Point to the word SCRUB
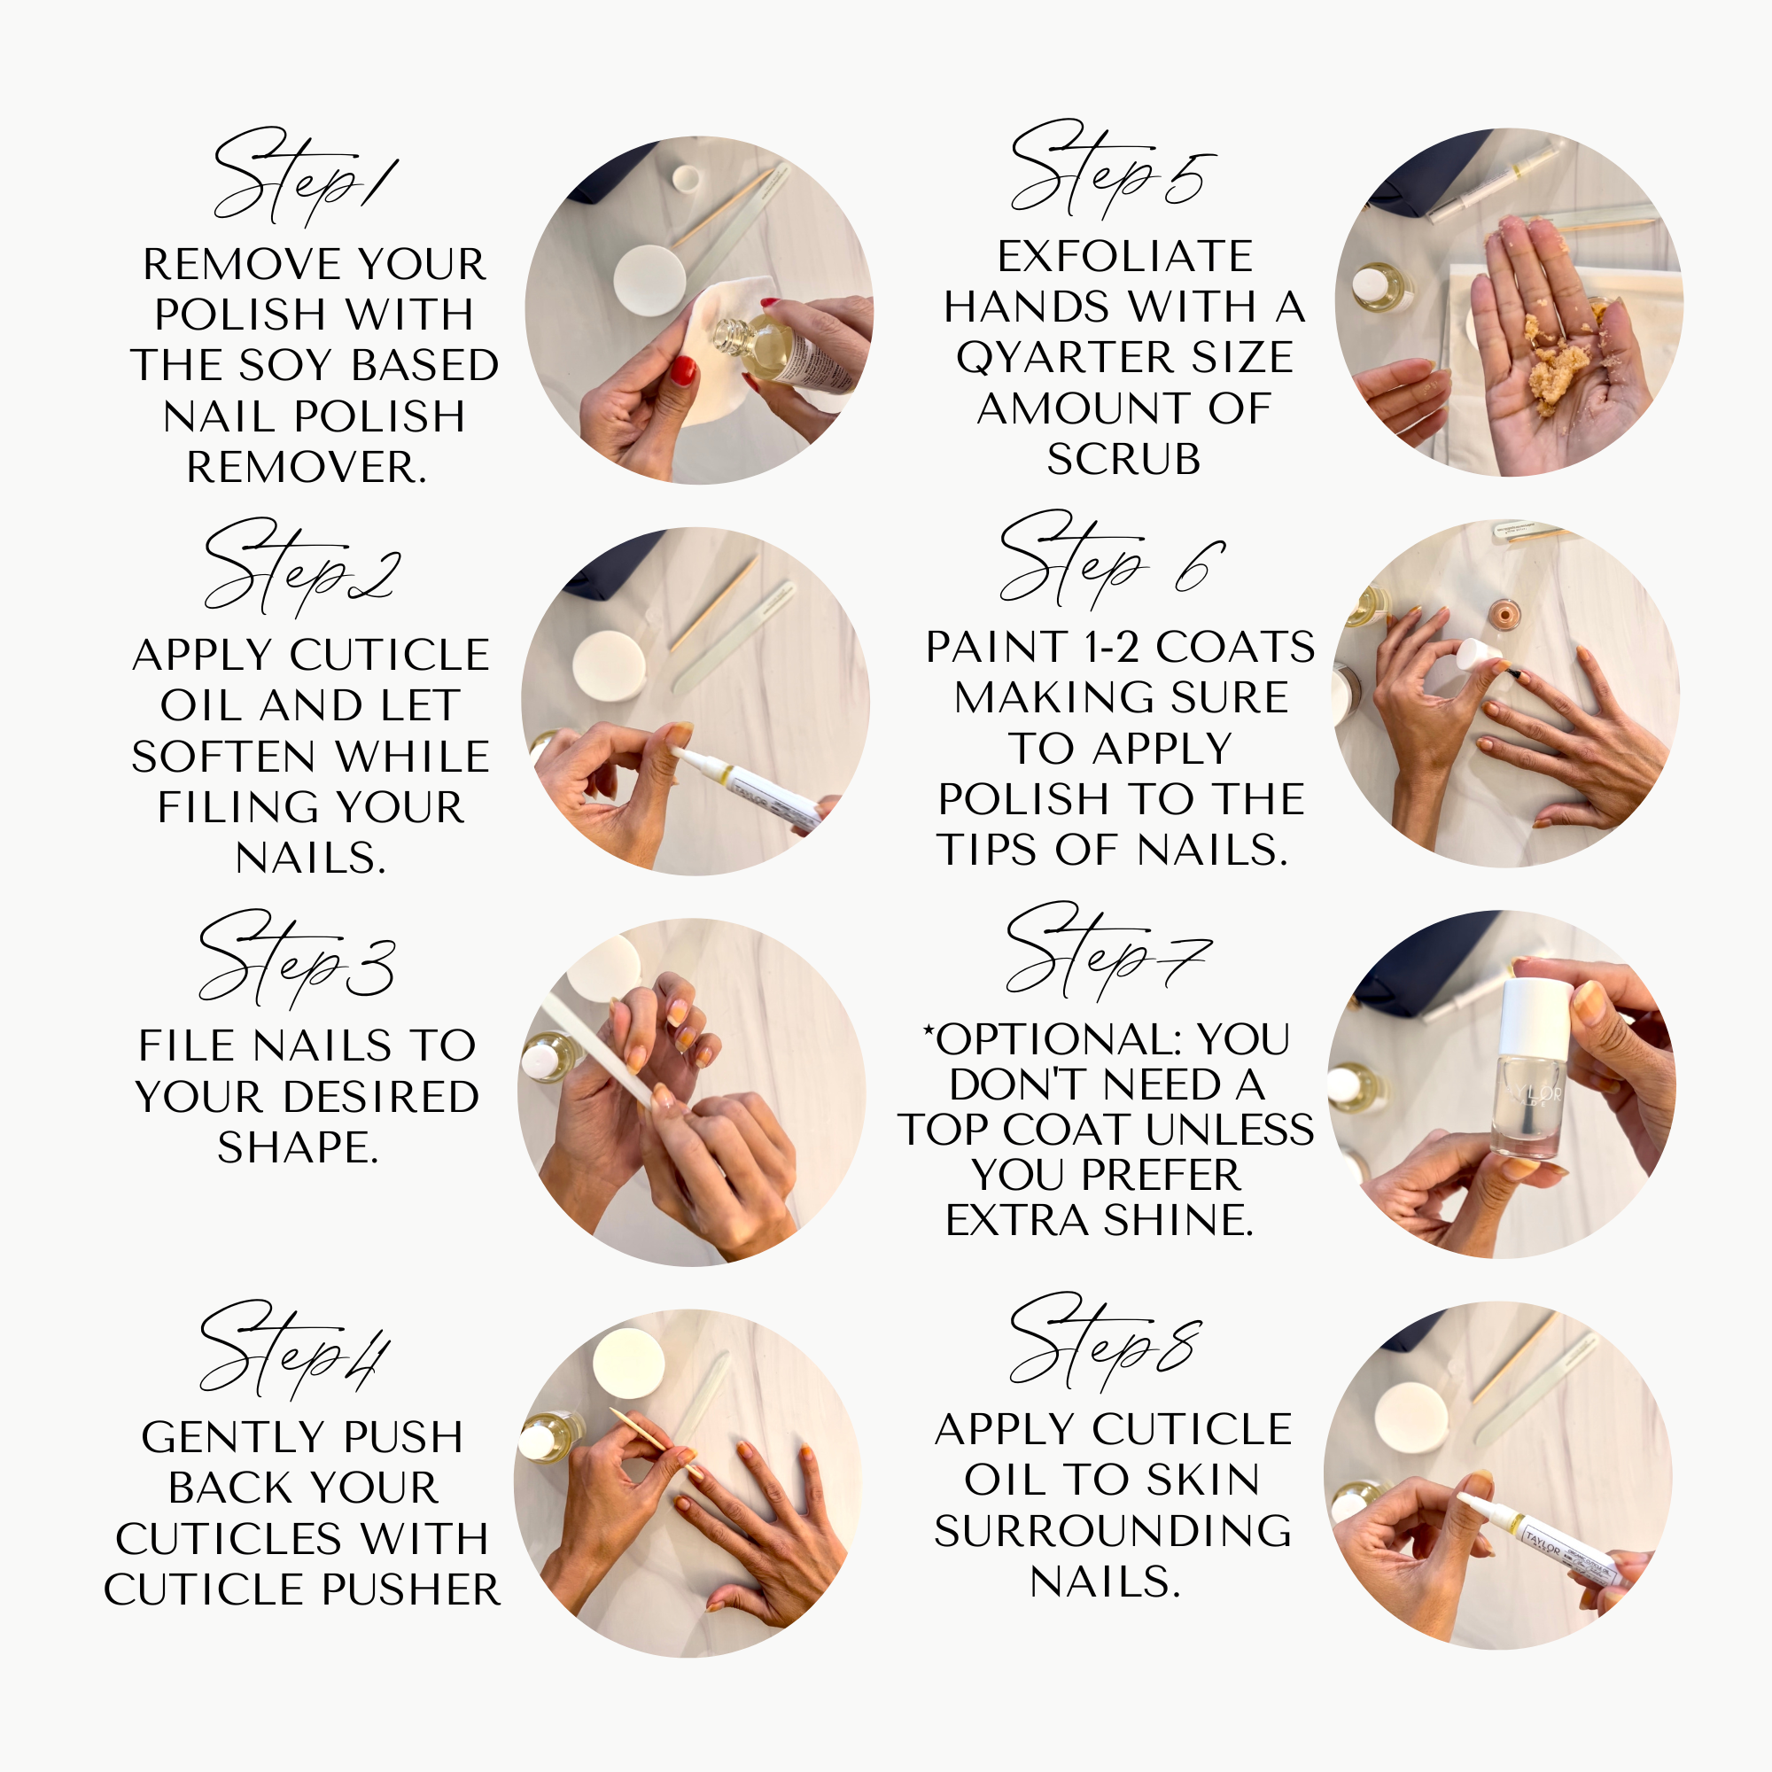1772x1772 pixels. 1123,460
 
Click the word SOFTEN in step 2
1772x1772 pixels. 225,757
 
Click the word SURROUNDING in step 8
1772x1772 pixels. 1113,1531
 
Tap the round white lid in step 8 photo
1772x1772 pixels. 1411,1417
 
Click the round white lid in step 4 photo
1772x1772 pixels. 628,1362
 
